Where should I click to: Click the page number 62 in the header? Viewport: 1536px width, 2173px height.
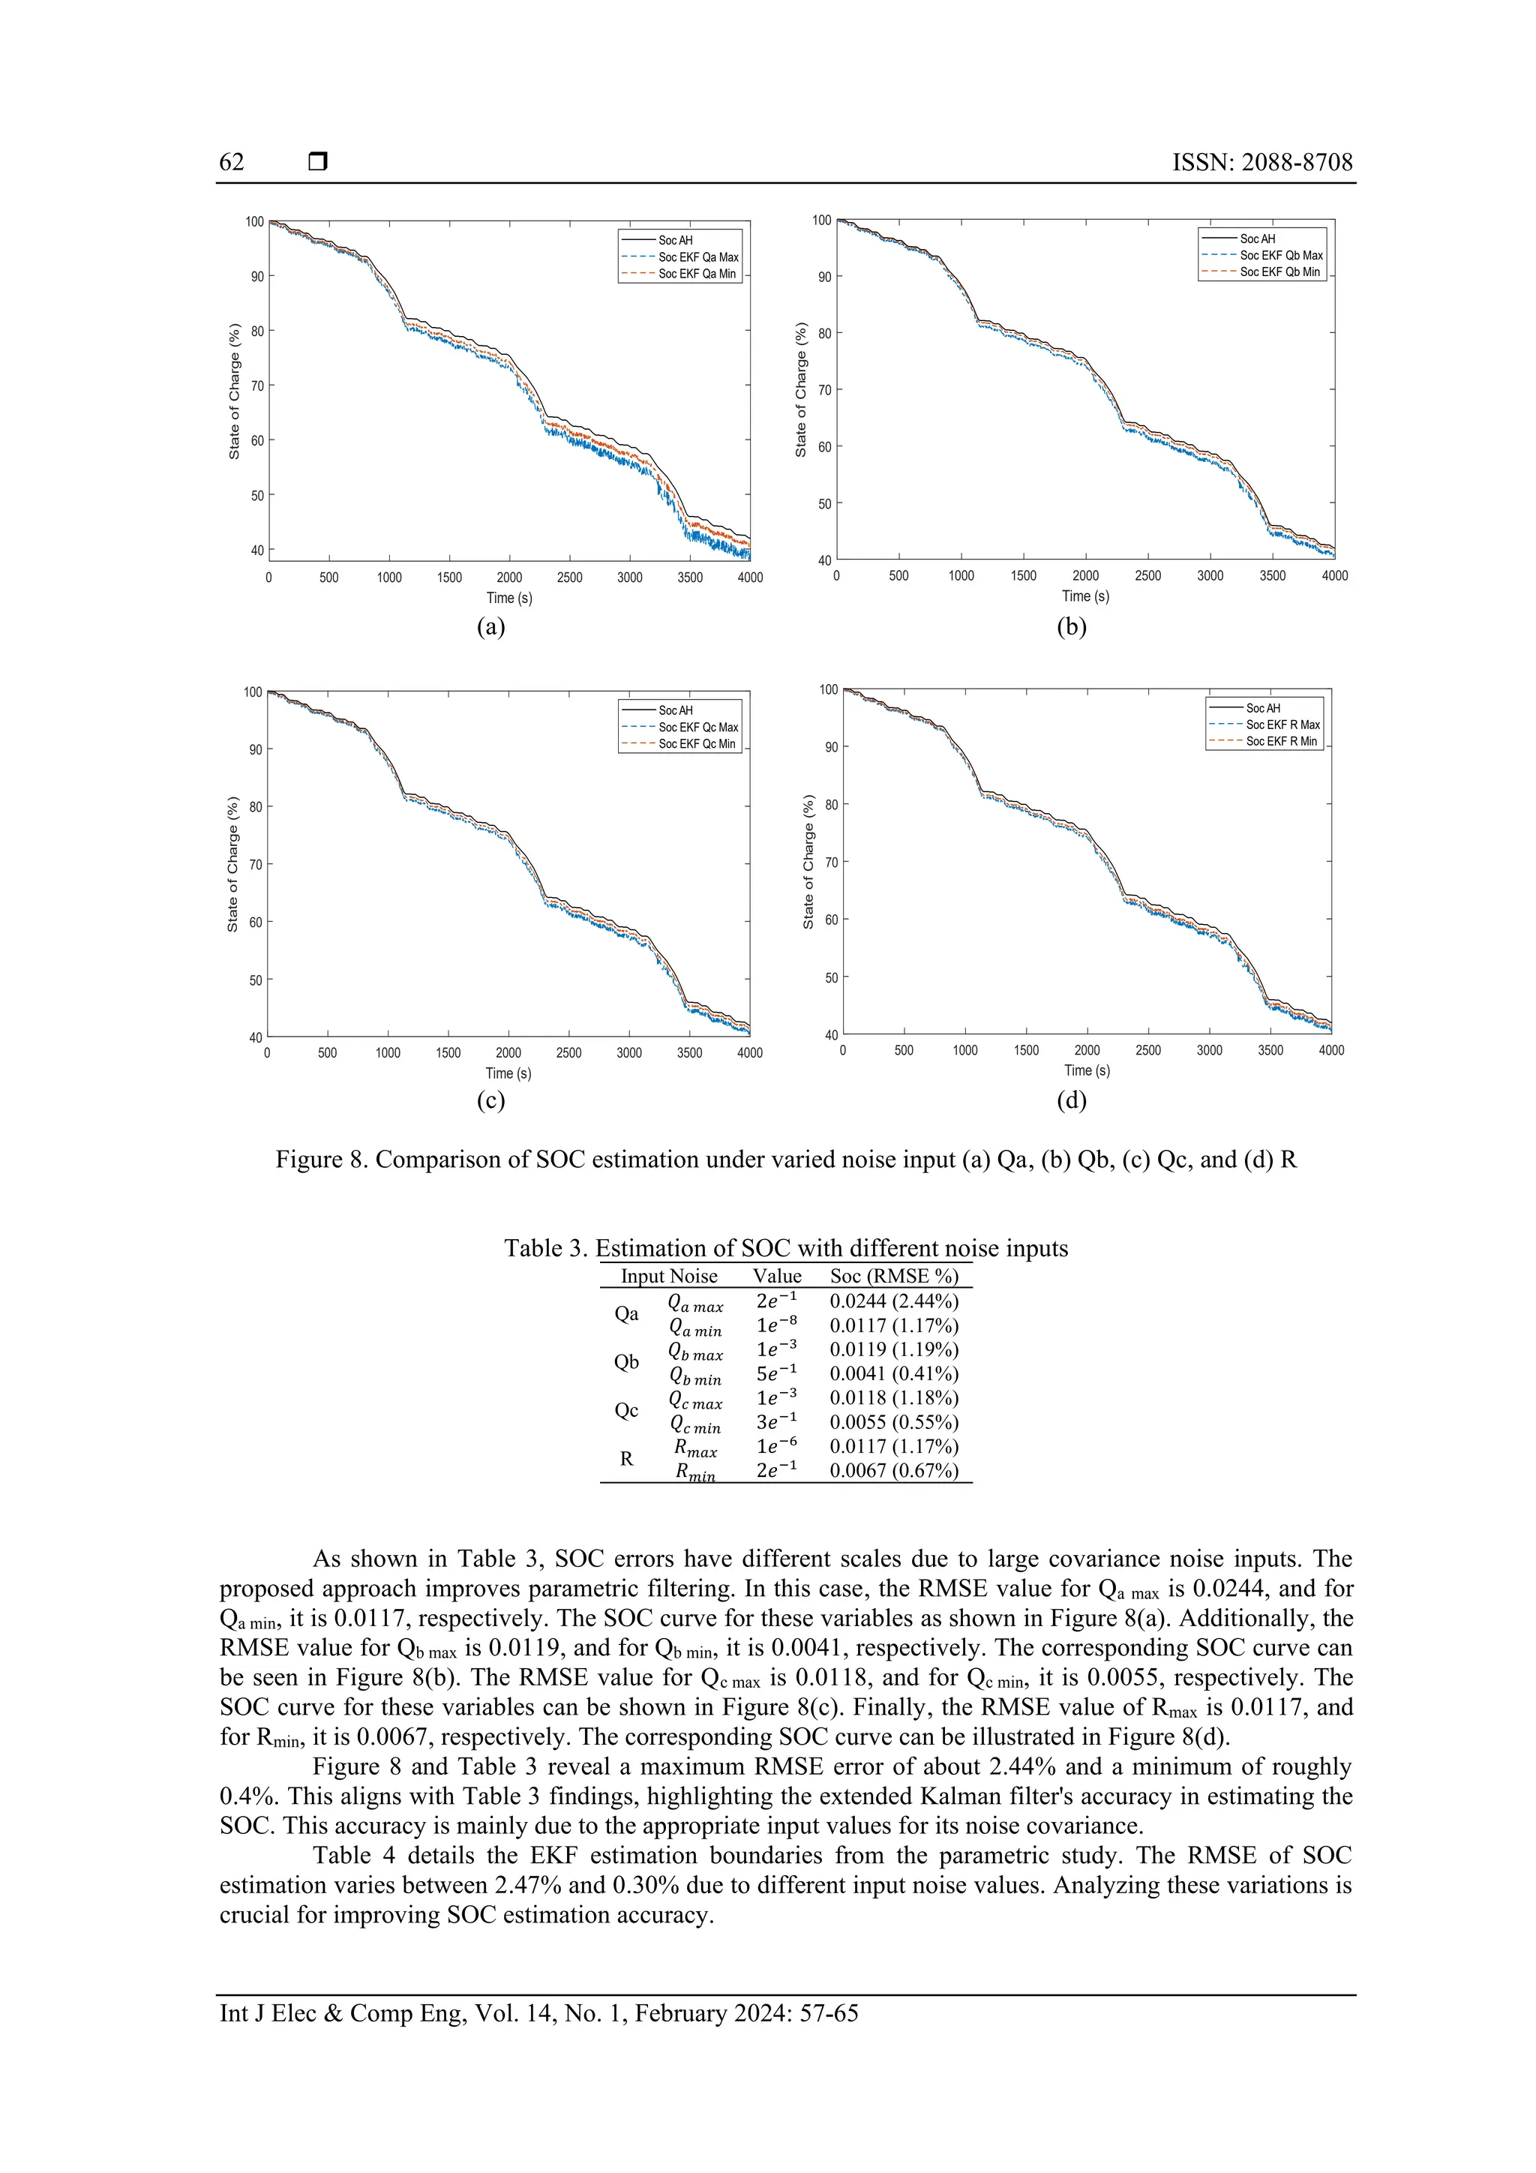[231, 162]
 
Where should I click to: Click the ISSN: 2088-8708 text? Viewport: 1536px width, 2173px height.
[1261, 162]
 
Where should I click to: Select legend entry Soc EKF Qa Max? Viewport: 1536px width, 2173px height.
[697, 257]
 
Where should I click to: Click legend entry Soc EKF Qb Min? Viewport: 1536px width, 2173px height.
[1279, 272]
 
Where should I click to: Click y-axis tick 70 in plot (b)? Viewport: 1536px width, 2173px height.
[824, 390]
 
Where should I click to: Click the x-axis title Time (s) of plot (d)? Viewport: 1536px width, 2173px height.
[1087, 1070]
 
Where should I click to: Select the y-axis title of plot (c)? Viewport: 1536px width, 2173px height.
[232, 864]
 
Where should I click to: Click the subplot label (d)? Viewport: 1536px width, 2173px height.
[1071, 1100]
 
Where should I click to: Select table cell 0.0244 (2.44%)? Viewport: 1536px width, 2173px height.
[893, 1301]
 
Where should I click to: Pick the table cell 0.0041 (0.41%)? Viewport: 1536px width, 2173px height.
[893, 1374]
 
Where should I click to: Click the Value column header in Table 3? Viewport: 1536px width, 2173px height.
[776, 1277]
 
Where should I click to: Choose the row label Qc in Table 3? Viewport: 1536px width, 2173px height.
[626, 1411]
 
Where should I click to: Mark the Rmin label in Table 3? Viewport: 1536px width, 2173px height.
[695, 1472]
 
